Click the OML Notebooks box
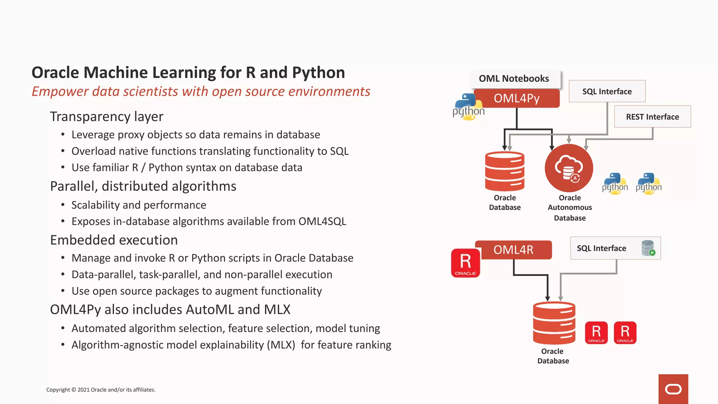(x=514, y=79)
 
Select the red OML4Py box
(x=516, y=98)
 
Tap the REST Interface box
(x=652, y=117)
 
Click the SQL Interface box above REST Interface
(x=607, y=92)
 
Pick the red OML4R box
(x=513, y=250)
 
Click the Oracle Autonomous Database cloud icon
(x=569, y=168)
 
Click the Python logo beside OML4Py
(x=468, y=107)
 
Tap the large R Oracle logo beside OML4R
(x=466, y=263)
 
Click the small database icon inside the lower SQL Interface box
(x=648, y=248)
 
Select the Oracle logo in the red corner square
(x=673, y=389)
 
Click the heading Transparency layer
(x=107, y=116)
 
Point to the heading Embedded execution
(x=114, y=240)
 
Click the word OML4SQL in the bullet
(x=322, y=222)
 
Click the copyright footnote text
(x=101, y=390)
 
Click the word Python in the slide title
(x=318, y=73)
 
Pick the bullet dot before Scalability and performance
(x=63, y=205)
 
